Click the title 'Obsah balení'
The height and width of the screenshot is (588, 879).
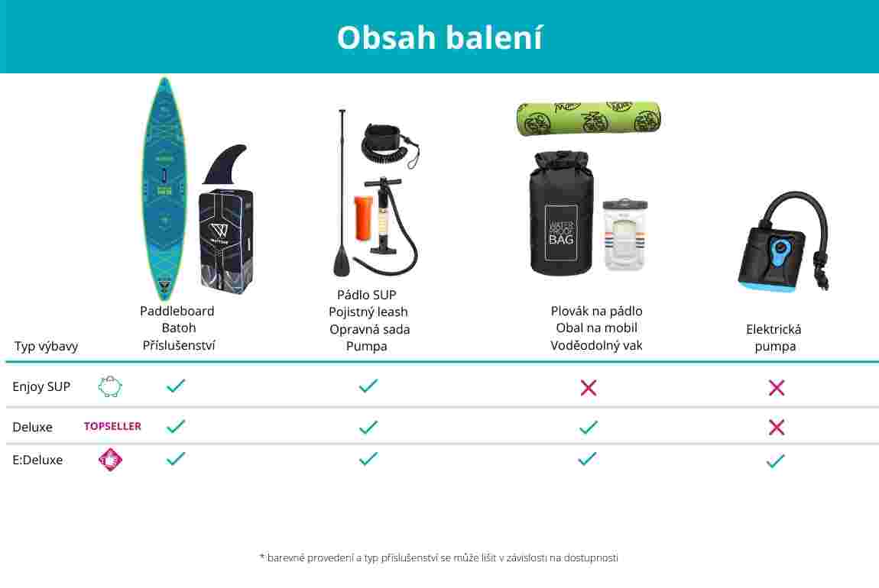click(x=439, y=38)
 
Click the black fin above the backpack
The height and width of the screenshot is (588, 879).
click(x=224, y=165)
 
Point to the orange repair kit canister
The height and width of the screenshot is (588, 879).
click(x=363, y=218)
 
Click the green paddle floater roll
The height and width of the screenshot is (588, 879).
click(x=589, y=118)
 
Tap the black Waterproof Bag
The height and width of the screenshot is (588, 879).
click(x=560, y=215)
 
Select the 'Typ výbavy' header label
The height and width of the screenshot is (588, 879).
click(x=46, y=347)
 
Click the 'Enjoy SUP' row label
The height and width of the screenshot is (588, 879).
click(x=41, y=386)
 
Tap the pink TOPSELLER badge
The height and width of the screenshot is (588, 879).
click(x=112, y=426)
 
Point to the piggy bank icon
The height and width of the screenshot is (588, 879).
click(x=110, y=386)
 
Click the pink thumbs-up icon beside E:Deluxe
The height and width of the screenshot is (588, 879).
click(x=110, y=460)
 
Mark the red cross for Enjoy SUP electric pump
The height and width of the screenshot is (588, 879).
click(x=777, y=387)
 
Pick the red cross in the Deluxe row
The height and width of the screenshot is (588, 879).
click(x=777, y=428)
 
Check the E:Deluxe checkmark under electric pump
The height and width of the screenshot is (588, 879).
click(x=776, y=461)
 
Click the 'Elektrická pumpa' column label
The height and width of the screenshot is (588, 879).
click(x=774, y=338)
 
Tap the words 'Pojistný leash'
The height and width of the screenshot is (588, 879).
click(x=368, y=312)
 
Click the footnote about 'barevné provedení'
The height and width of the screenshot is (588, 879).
click(x=439, y=557)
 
